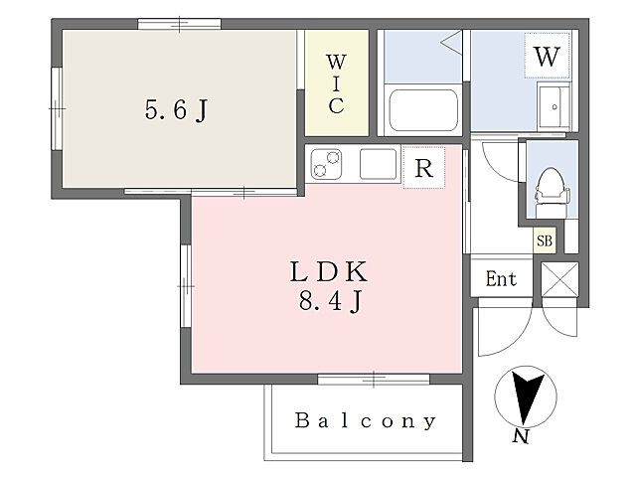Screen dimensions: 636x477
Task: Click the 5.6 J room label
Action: point(177,110)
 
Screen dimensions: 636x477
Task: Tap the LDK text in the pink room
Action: point(329,271)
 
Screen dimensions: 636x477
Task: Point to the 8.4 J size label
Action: point(330,301)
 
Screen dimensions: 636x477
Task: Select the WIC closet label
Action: point(336,83)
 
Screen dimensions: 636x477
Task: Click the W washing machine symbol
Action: point(547,56)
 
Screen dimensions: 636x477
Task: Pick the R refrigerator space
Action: point(424,168)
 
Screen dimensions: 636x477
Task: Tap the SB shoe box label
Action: point(545,240)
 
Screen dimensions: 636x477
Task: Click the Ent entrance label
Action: point(501,279)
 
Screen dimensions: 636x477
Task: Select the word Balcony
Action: point(366,420)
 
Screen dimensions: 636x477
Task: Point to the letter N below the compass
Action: point(521,436)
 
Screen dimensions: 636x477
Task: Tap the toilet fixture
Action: point(553,193)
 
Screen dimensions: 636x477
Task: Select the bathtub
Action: point(423,110)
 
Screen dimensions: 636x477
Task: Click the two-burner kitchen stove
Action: point(326,164)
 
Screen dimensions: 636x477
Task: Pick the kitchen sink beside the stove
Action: point(378,164)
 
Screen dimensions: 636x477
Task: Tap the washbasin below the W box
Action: point(555,106)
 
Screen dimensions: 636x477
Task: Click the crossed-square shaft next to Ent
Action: point(559,279)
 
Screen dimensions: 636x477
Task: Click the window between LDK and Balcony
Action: point(374,380)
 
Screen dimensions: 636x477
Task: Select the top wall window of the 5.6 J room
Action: point(179,24)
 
